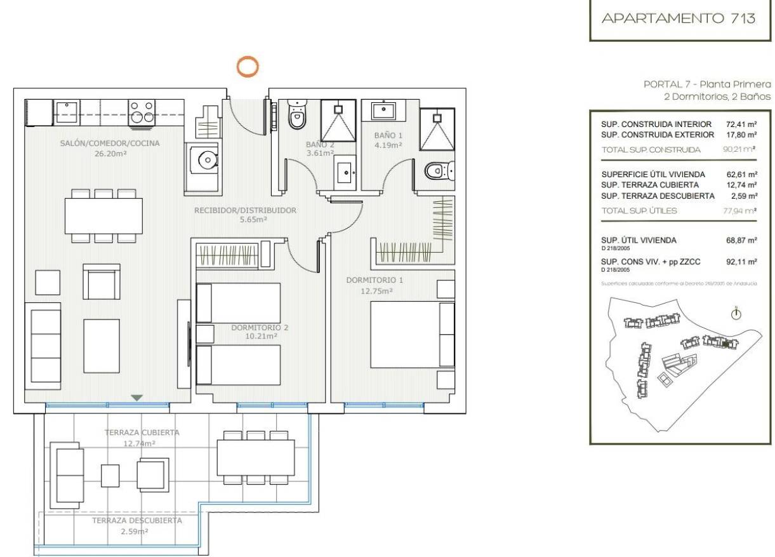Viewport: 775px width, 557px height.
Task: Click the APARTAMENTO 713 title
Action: pos(679,18)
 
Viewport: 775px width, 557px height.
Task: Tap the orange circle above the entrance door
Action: pos(248,66)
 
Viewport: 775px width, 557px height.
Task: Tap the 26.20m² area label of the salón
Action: pos(109,153)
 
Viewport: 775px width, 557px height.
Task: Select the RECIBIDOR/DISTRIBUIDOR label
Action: pos(245,210)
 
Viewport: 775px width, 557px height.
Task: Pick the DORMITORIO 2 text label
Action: pos(260,328)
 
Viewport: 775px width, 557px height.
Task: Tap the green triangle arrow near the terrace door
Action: pos(136,398)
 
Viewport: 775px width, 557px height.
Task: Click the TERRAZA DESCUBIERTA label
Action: pos(136,520)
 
